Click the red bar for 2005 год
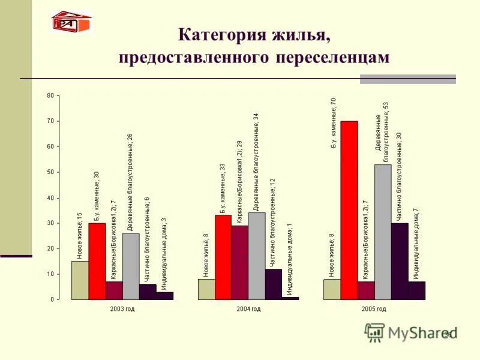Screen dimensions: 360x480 click(x=349, y=210)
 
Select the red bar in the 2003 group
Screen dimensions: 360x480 click(x=97, y=261)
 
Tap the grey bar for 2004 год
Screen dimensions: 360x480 click(x=256, y=256)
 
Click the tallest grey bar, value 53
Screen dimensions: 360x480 click(x=383, y=232)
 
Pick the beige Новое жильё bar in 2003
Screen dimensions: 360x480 click(x=80, y=280)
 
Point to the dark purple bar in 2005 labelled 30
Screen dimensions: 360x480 click(x=400, y=261)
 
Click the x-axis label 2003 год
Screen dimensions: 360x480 click(x=122, y=308)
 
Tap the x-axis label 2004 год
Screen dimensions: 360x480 click(x=248, y=308)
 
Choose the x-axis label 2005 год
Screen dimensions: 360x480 click(x=374, y=308)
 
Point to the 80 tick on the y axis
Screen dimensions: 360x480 click(x=50, y=95)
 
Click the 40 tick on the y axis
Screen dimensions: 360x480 click(x=50, y=197)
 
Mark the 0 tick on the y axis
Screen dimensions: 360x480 click(x=52, y=299)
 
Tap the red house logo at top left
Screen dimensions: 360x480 click(x=71, y=22)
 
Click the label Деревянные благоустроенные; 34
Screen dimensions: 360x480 click(x=256, y=162)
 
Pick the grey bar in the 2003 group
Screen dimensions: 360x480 click(x=131, y=266)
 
